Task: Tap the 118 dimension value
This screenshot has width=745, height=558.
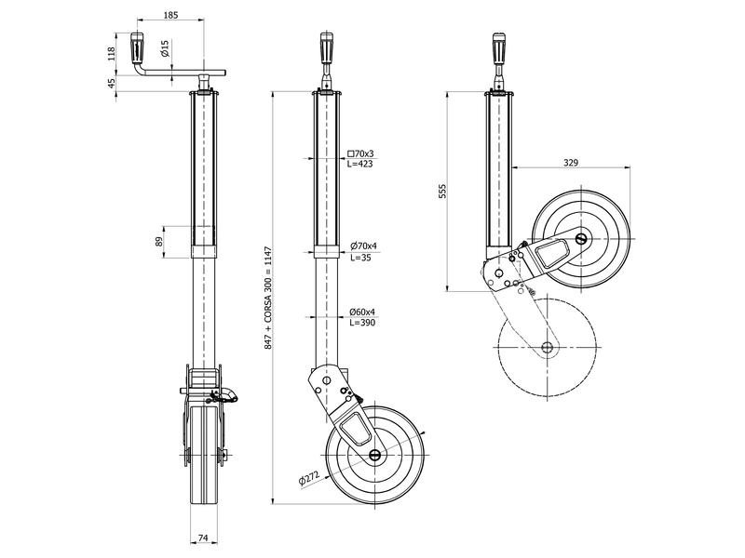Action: point(111,53)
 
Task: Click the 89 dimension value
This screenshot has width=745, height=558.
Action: point(159,241)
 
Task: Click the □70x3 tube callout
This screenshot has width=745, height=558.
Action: point(359,153)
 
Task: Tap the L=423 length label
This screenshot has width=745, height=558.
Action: point(361,165)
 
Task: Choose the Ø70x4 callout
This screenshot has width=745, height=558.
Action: point(362,246)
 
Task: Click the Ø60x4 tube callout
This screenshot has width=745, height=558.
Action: point(362,311)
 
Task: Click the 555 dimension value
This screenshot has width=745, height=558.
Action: point(444,191)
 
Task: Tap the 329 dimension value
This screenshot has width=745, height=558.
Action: point(571,163)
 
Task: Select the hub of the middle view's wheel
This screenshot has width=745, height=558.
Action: point(375,455)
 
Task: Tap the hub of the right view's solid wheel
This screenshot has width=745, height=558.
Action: point(581,239)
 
